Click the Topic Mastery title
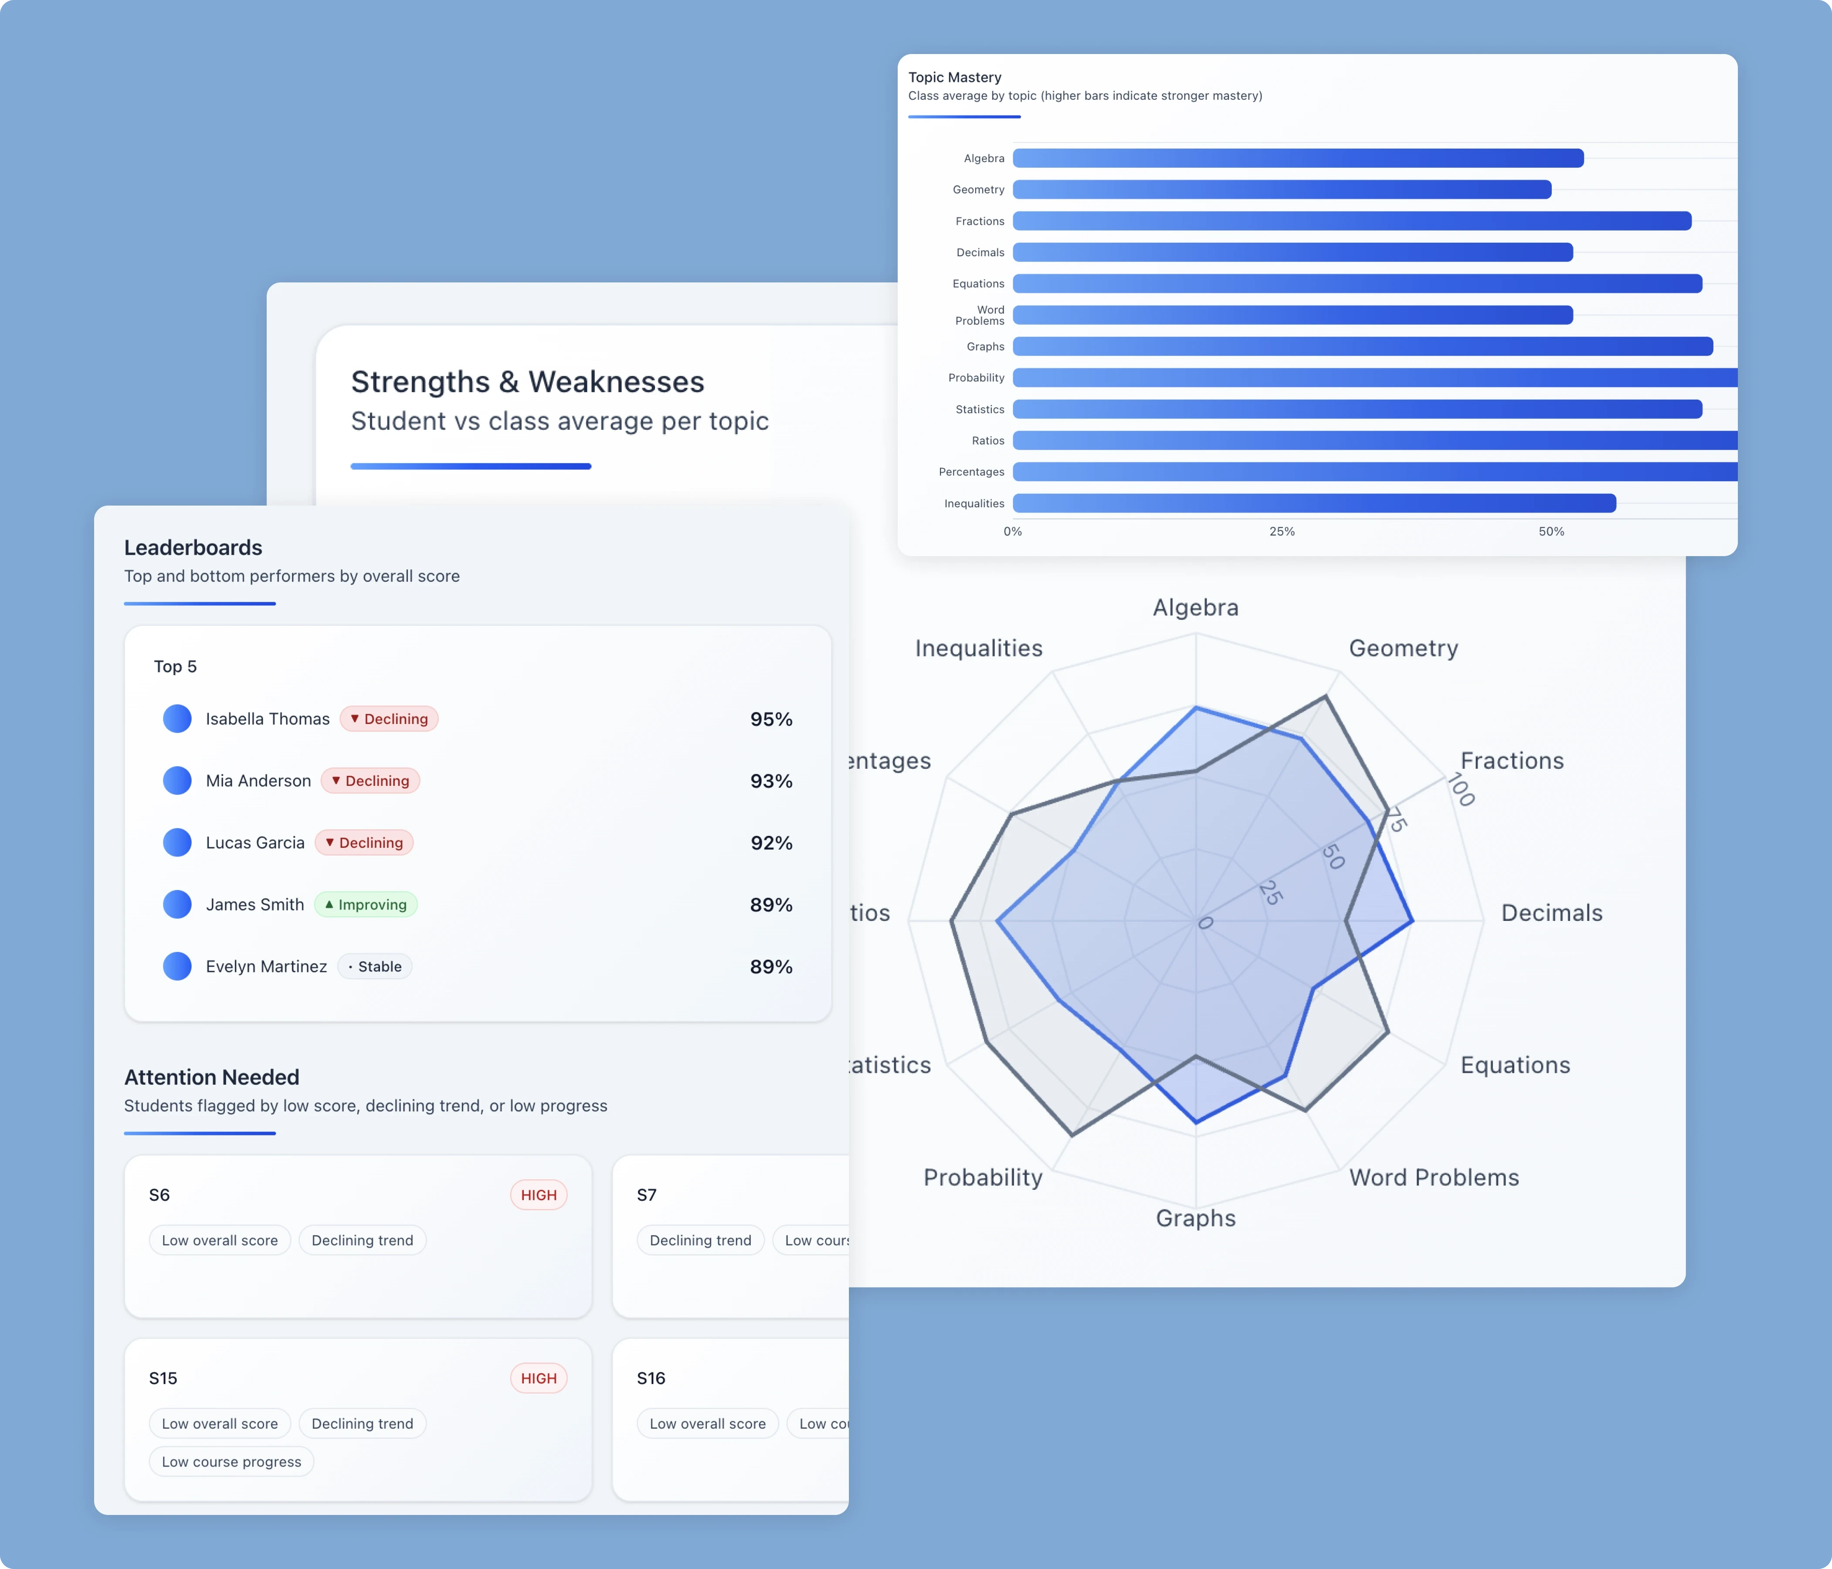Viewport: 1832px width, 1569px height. (955, 77)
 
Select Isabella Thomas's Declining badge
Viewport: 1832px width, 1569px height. (389, 719)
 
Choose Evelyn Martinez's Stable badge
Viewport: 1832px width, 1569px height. (375, 967)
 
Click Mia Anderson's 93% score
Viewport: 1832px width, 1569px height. (771, 781)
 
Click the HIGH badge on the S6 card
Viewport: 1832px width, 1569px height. (539, 1195)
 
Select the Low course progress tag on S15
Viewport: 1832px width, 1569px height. (232, 1462)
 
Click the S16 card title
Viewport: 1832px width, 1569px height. (651, 1378)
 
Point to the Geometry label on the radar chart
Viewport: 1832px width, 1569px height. (1403, 648)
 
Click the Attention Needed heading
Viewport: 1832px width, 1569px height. (211, 1077)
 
